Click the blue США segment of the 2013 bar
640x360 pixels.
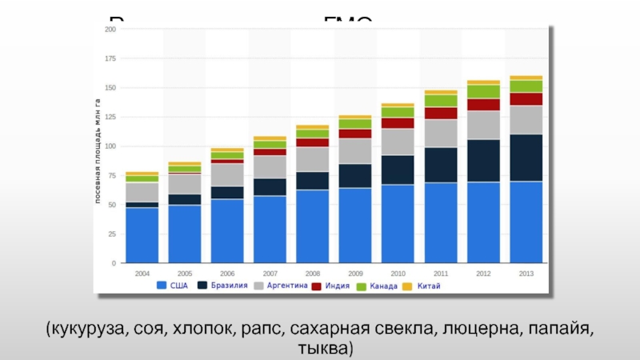coord(526,222)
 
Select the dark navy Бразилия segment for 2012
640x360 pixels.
coord(483,161)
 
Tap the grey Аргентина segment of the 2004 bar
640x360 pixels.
coord(142,192)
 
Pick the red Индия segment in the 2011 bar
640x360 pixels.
coord(441,113)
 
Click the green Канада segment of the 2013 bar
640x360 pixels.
coord(526,86)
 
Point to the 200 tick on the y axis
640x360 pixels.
coord(110,30)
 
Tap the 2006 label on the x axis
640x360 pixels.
coord(227,273)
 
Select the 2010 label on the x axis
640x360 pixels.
coord(398,273)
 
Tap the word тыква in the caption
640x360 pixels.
coord(322,349)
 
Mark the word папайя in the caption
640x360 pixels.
coord(560,330)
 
